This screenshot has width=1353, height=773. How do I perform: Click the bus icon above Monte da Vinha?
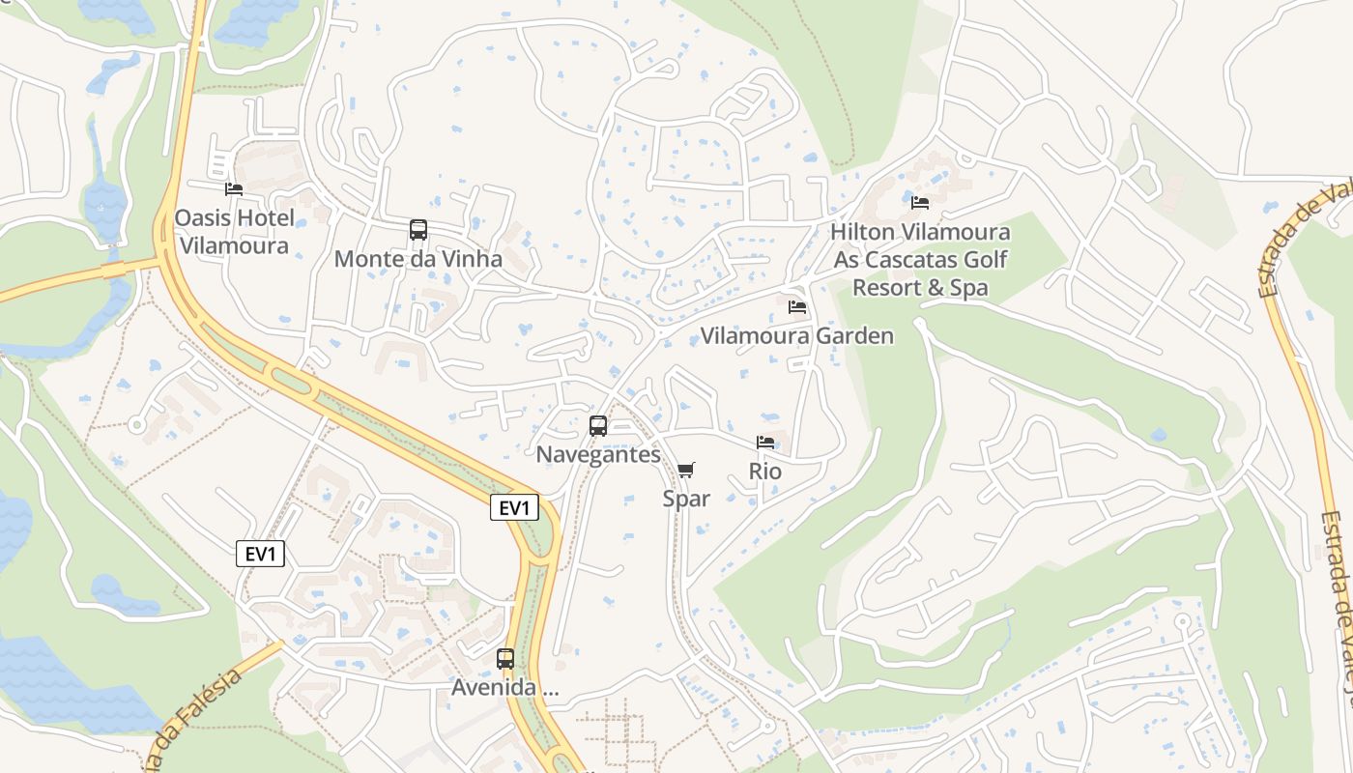[418, 230]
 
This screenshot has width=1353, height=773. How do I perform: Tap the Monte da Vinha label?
[418, 259]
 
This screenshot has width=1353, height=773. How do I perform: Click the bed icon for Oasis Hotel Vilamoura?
[233, 189]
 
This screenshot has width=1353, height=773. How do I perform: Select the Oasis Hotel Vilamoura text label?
[234, 232]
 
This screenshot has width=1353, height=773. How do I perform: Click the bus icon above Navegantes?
[598, 426]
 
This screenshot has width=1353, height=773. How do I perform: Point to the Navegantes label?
[598, 454]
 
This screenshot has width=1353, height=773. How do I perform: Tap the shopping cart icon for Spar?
[686, 471]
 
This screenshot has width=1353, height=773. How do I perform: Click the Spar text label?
[686, 499]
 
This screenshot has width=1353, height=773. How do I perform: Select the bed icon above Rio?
[765, 443]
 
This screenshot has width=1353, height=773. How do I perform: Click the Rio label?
[765, 472]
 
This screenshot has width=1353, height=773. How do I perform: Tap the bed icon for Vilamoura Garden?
[797, 307]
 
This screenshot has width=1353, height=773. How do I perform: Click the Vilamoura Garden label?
[797, 336]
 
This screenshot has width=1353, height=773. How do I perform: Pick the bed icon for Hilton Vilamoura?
[920, 203]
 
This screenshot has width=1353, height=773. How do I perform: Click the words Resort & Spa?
[920, 288]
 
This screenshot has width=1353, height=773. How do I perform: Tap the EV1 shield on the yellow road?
[514, 508]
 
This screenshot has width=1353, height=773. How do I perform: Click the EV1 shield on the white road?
[261, 554]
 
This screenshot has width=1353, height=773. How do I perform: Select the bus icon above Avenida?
[505, 659]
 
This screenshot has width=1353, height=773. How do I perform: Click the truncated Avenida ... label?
[505, 688]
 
